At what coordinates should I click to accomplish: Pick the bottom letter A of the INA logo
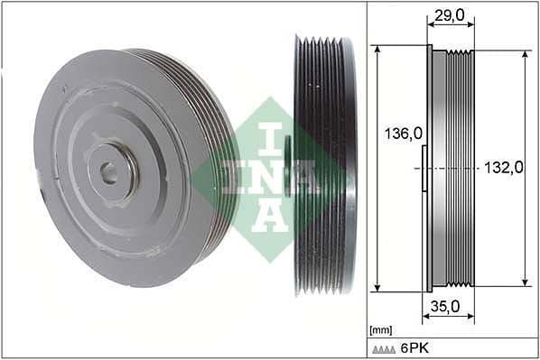[271, 215]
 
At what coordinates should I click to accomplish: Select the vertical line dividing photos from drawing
[366, 180]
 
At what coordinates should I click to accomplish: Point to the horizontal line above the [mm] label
[452, 322]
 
